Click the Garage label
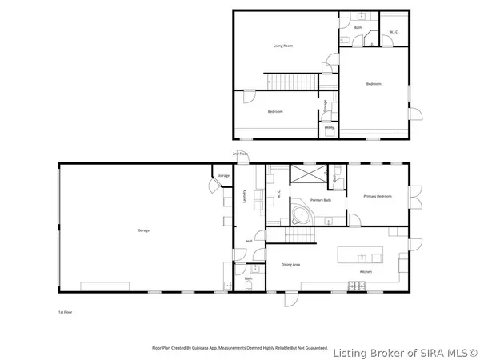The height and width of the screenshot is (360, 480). (144, 230)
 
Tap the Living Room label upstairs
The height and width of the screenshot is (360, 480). (283, 46)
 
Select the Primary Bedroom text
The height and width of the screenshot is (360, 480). (377, 196)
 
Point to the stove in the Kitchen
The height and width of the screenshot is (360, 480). (352, 286)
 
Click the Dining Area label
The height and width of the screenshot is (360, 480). (290, 264)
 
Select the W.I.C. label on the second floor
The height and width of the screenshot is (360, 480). (394, 32)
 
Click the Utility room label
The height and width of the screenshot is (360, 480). (329, 127)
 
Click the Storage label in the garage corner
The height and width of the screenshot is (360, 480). (223, 175)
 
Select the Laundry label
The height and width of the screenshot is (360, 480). (242, 195)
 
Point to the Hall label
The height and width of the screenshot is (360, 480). (249, 241)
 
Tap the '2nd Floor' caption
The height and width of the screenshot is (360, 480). (240, 153)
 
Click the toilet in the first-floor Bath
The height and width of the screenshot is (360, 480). (250, 286)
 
